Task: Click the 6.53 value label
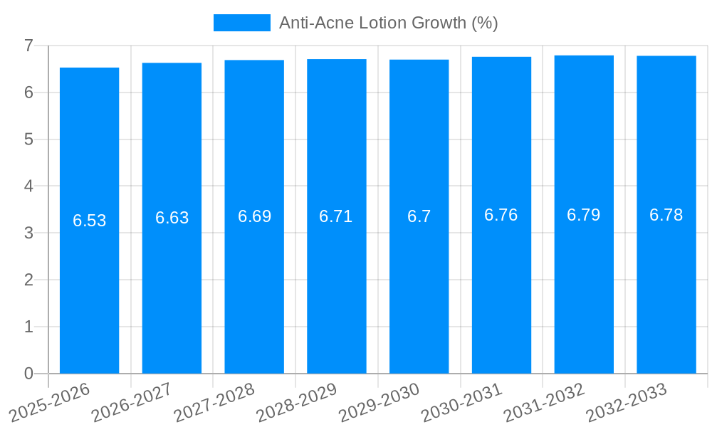[90, 221]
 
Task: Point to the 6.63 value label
[172, 218]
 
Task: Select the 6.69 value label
[254, 216]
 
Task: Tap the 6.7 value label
[419, 216]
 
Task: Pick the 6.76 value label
[501, 215]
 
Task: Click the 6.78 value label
[666, 215]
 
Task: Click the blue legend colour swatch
[242, 23]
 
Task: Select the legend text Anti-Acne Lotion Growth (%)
[388, 23]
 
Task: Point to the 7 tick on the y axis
[28, 46]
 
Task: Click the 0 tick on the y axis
[28, 374]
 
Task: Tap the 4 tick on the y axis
[28, 186]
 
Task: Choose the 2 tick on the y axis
[28, 280]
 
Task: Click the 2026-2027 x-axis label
[132, 401]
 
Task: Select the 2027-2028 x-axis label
[214, 401]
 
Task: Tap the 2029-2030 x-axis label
[379, 401]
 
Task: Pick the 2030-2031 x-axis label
[462, 401]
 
